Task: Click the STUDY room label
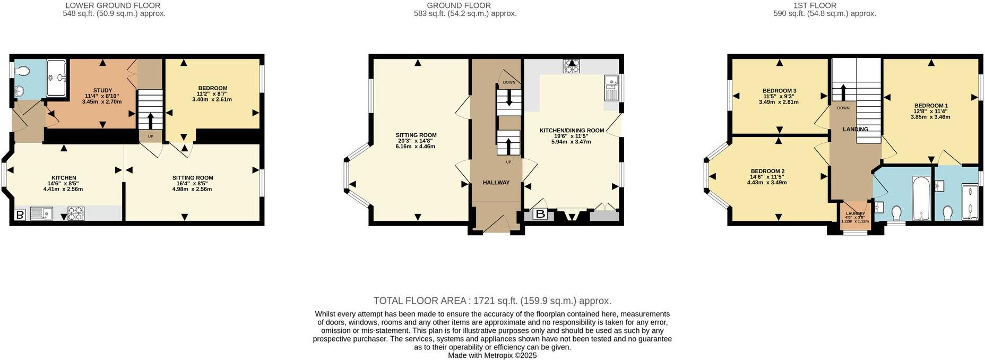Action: [x=102, y=90]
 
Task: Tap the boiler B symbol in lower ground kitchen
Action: [x=20, y=215]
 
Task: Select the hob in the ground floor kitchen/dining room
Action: [x=572, y=66]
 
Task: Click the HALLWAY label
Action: [x=496, y=183]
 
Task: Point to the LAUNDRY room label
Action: [x=855, y=213]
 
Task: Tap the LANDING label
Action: [x=855, y=130]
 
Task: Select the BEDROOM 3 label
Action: [x=779, y=91]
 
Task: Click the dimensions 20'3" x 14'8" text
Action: [x=415, y=141]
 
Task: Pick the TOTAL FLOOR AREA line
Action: [x=492, y=301]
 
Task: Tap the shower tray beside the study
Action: [x=56, y=78]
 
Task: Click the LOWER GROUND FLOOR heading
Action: [x=113, y=6]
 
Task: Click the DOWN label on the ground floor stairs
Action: [x=508, y=82]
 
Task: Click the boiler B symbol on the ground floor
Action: [x=540, y=215]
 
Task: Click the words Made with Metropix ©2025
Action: [x=492, y=355]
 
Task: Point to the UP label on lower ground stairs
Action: [x=150, y=136]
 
